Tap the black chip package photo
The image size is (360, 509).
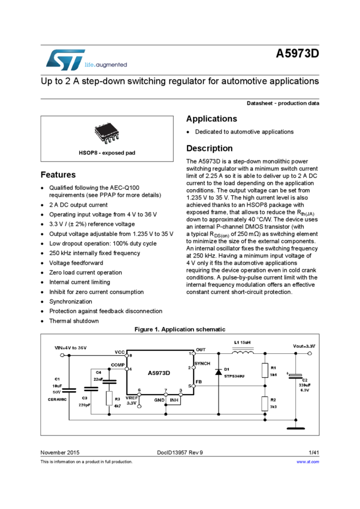(107, 132)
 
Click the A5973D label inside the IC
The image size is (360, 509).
(159, 373)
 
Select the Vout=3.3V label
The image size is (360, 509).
(304, 347)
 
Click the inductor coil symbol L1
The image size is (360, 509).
(241, 353)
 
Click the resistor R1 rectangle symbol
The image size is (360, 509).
(265, 371)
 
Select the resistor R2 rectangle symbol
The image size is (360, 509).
(265, 404)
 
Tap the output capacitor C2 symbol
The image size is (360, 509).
(294, 377)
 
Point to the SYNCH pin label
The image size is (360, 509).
(202, 364)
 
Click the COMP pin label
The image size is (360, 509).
(117, 365)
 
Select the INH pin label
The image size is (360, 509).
(174, 399)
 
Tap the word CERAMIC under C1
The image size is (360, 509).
(57, 399)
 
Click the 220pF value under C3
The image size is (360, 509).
(84, 405)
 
